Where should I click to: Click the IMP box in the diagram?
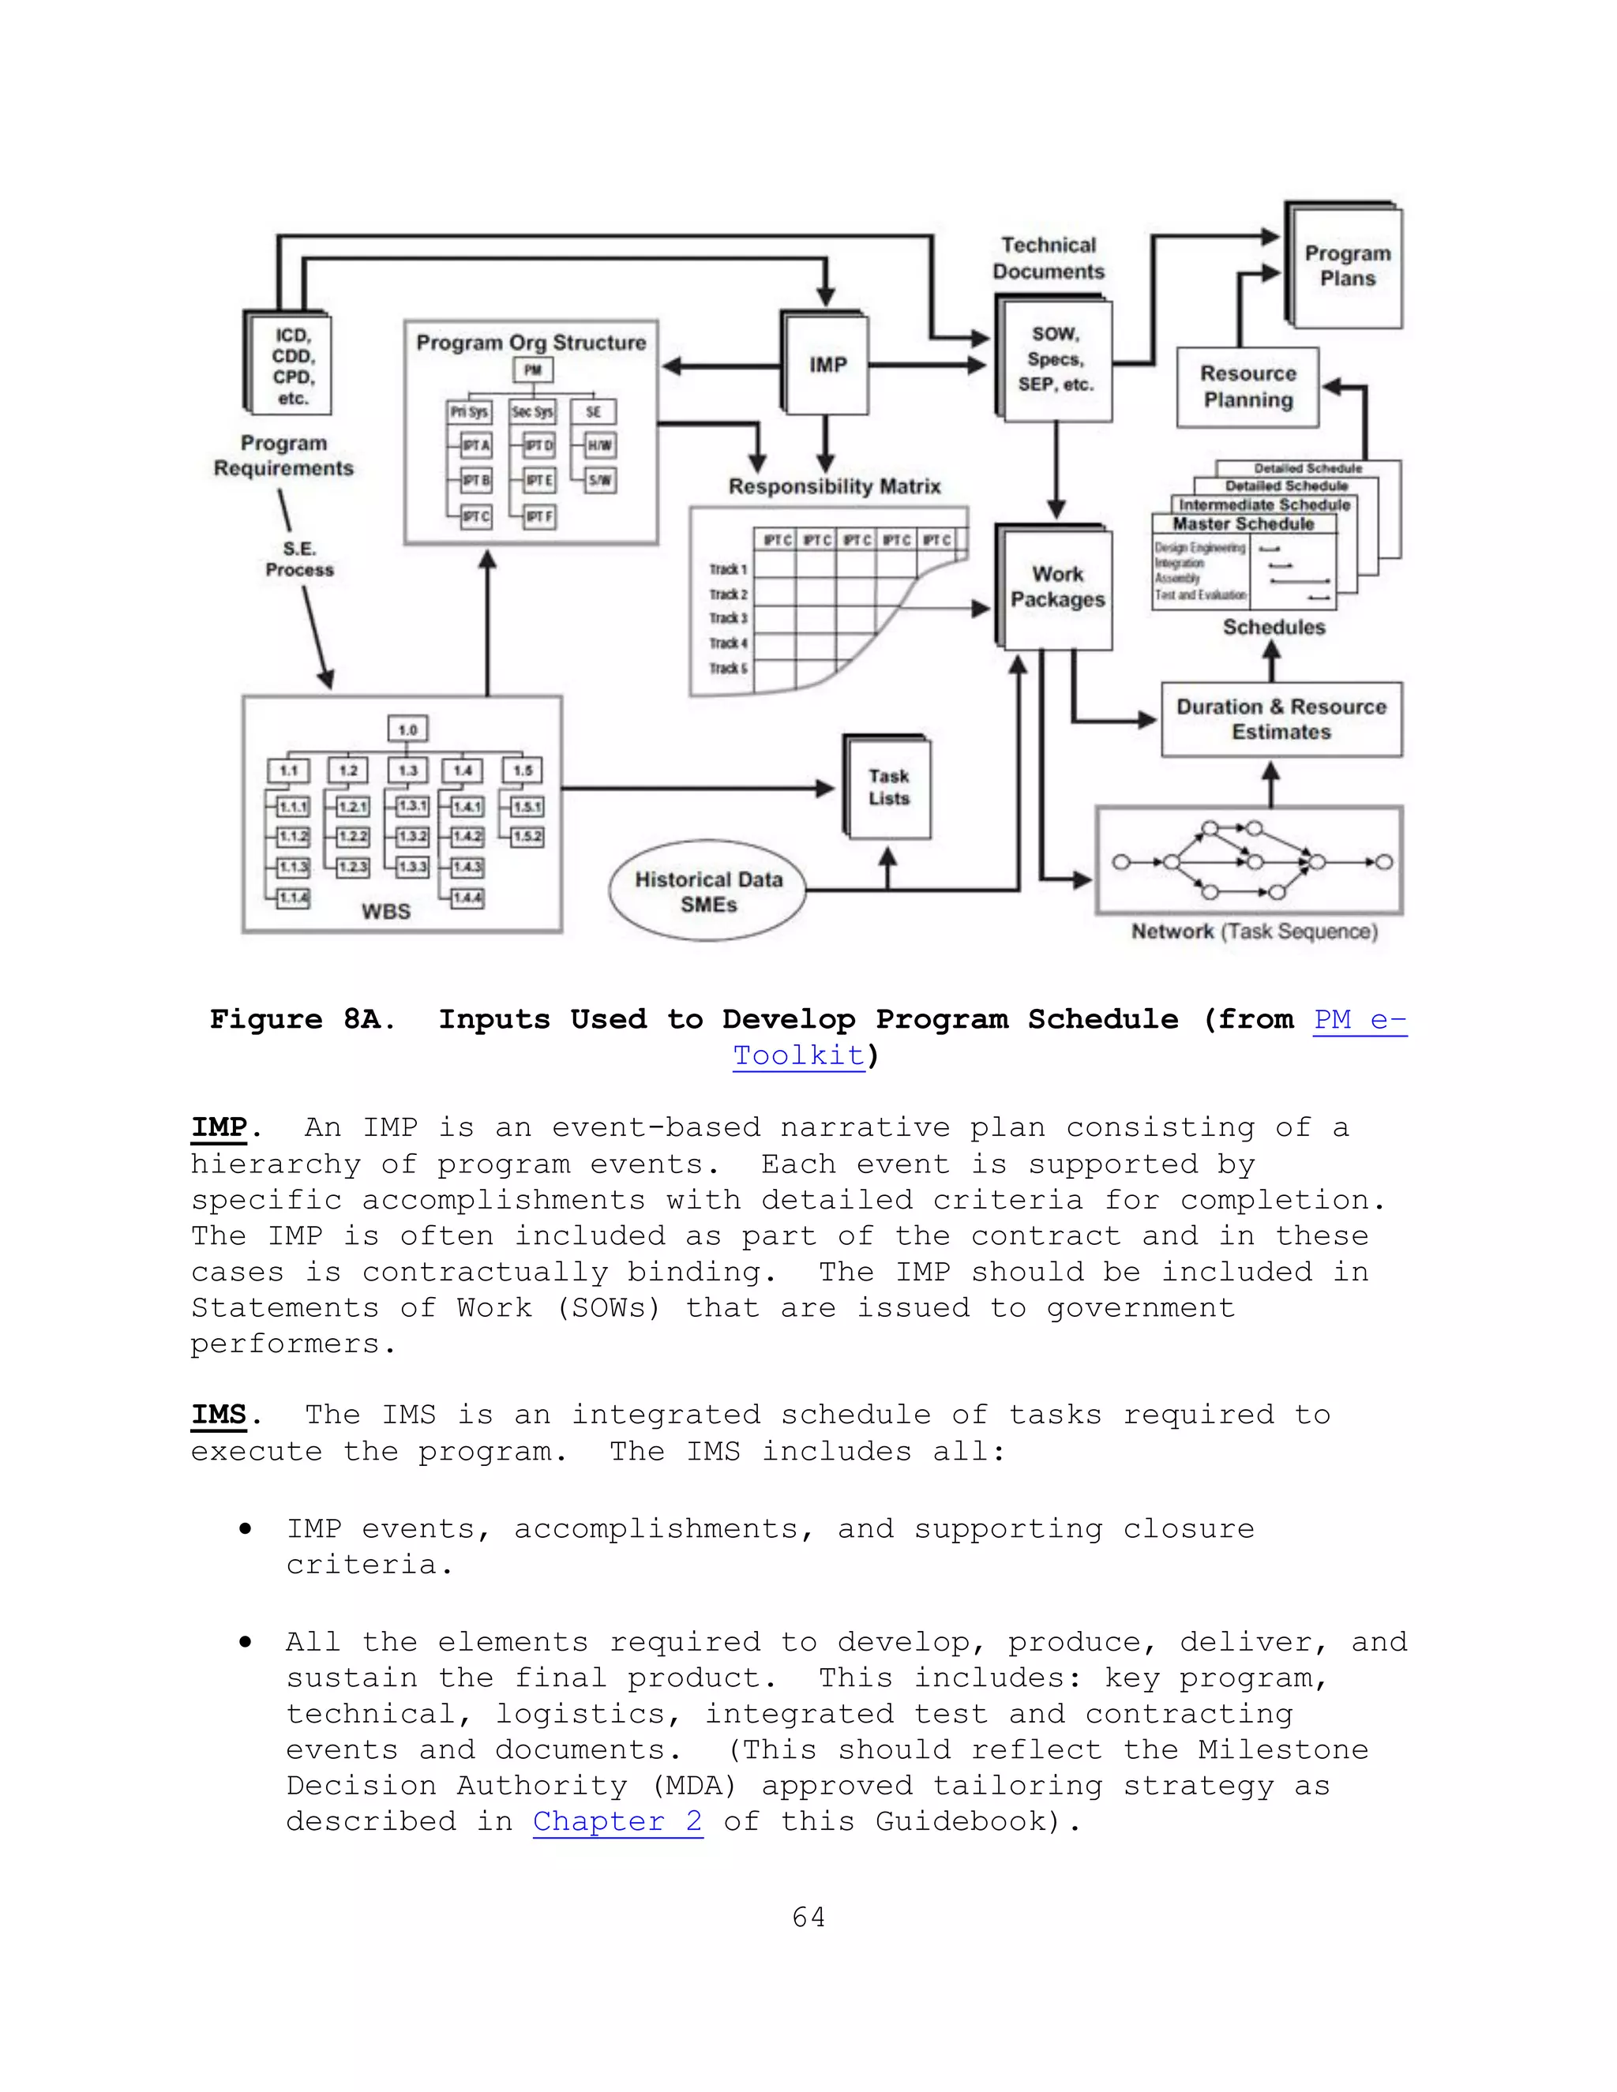[x=827, y=365]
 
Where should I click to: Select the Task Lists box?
[x=889, y=787]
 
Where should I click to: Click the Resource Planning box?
[x=1247, y=387]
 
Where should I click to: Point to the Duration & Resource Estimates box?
[x=1281, y=719]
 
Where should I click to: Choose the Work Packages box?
[x=1056, y=587]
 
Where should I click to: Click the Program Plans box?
[x=1347, y=266]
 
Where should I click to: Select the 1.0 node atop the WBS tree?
[x=407, y=730]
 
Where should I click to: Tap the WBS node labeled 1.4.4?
[x=467, y=898]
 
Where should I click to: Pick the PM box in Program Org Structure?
[x=533, y=369]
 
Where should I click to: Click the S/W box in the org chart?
[x=601, y=480]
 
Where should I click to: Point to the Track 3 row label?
[x=728, y=619]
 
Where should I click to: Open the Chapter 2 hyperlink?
[x=618, y=1821]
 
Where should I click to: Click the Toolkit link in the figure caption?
[x=799, y=1055]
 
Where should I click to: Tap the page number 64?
[x=808, y=1917]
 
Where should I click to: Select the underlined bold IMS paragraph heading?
[x=219, y=1415]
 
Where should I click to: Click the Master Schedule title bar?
[x=1244, y=524]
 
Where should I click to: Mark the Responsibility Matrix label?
[x=835, y=486]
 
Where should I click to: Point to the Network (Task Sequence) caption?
[x=1254, y=931]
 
